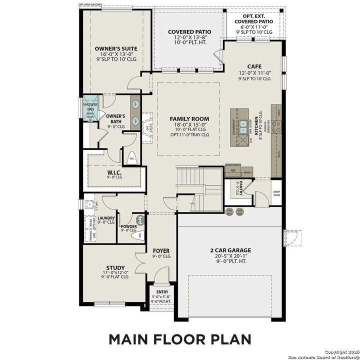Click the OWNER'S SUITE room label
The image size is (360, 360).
point(115,49)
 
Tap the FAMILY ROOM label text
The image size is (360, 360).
point(189,119)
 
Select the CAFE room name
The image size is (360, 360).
point(254,66)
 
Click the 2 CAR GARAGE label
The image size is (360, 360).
point(230,250)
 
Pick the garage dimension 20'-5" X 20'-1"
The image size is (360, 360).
point(230,255)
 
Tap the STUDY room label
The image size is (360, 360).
point(115,267)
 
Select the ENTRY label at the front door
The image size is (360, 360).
point(162,292)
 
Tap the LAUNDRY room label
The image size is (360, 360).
point(106,218)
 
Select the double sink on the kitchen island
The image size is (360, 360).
point(243,127)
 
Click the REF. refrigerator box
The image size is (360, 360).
point(233,170)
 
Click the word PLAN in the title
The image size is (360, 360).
point(228,339)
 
